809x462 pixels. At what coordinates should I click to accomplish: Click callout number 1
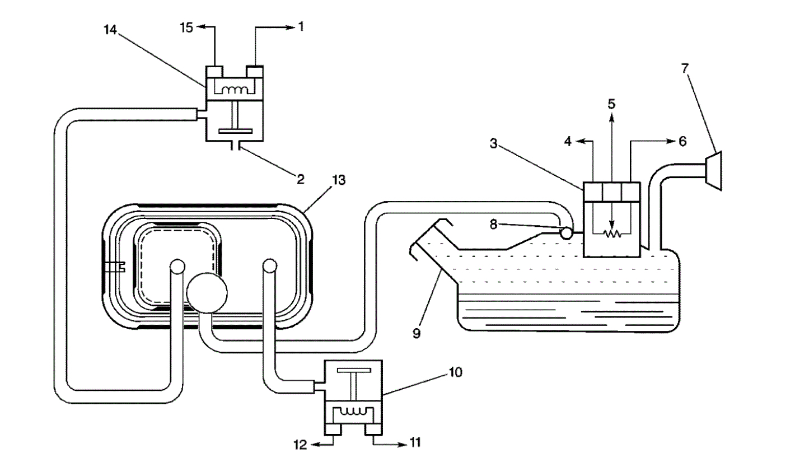pos(301,26)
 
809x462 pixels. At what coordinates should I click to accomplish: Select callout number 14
pos(110,31)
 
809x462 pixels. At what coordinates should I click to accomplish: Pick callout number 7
pos(685,68)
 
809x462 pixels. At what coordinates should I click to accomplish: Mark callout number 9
pos(416,333)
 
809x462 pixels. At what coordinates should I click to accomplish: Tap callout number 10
pos(455,372)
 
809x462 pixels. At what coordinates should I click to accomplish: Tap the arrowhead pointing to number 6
pos(669,142)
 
